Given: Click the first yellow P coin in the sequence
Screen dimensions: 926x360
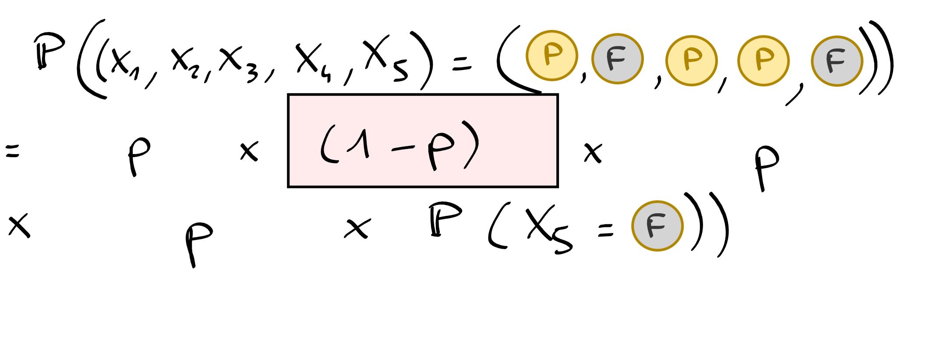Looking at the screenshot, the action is (552, 56).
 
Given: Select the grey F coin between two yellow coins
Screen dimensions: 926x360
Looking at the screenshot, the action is (617, 59).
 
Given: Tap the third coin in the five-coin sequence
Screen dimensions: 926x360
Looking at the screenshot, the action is (691, 60).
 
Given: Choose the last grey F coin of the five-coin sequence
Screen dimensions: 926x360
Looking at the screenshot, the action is (837, 61).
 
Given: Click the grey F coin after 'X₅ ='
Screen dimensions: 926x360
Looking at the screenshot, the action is (657, 226).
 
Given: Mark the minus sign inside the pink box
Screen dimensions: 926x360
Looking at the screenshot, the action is (403, 149).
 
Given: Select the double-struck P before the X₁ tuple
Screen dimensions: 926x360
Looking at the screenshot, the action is (49, 51).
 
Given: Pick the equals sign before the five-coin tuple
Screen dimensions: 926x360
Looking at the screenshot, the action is (462, 65).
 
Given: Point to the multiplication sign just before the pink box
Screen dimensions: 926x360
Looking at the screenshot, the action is (249, 152).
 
